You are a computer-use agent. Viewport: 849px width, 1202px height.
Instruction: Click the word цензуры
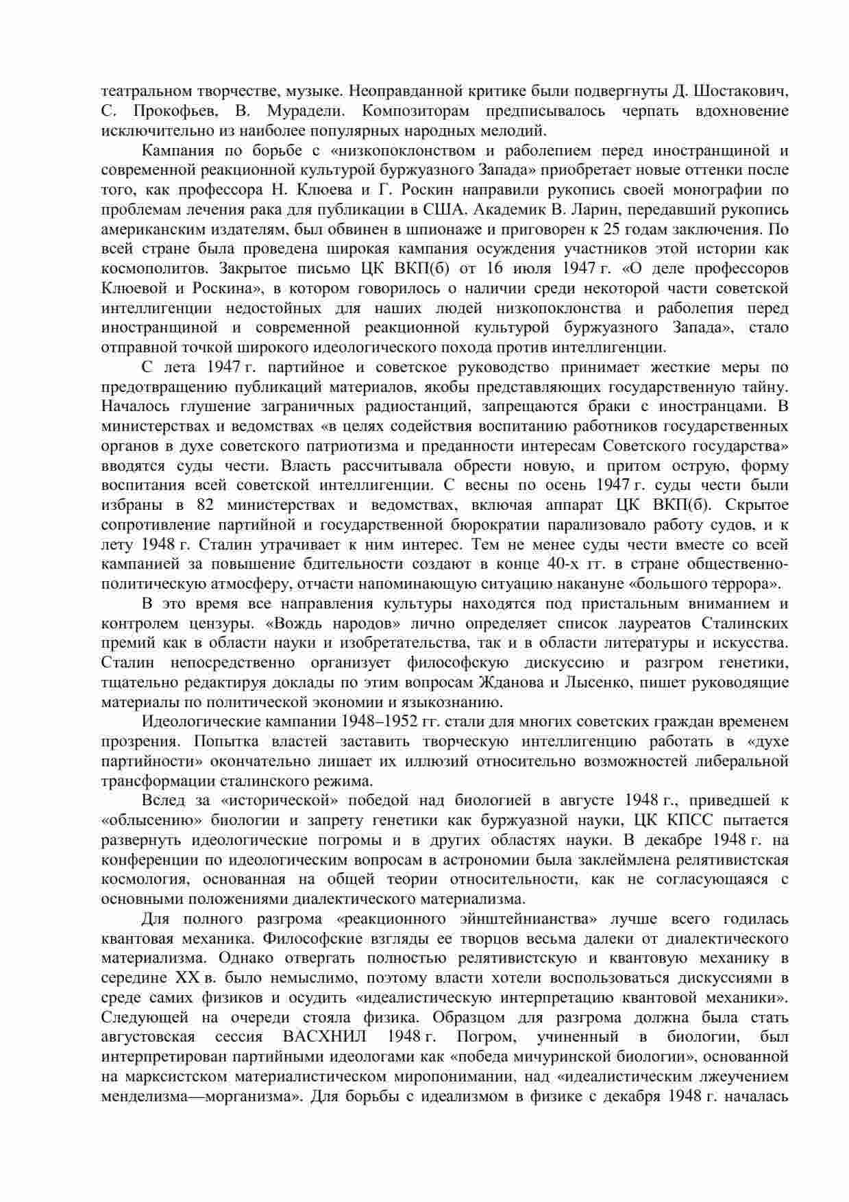point(222,624)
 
